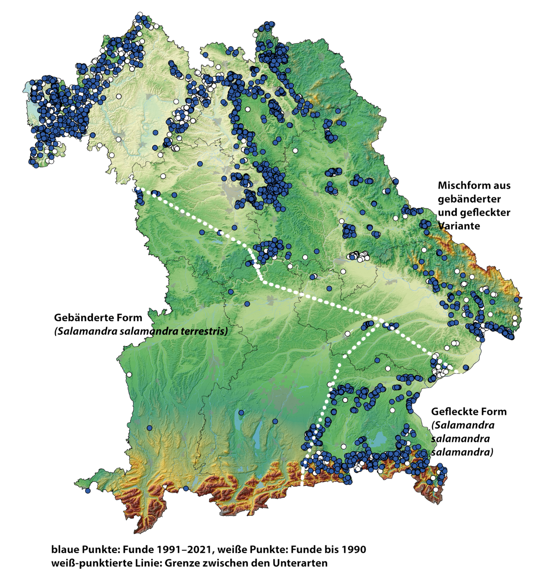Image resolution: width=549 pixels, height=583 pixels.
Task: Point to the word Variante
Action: point(459,226)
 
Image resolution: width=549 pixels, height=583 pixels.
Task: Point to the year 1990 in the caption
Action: point(354,550)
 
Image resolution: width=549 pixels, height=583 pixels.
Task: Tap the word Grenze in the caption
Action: point(179,563)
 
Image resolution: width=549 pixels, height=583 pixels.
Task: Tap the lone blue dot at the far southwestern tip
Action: point(88,491)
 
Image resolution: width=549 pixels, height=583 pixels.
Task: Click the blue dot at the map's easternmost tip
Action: point(517,299)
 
